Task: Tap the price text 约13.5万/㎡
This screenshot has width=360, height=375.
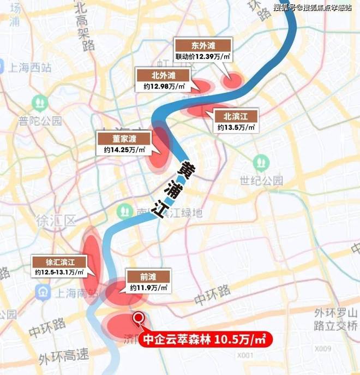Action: click(x=236, y=127)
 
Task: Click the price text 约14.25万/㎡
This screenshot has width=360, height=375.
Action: click(x=124, y=150)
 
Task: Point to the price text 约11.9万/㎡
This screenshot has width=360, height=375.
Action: click(x=148, y=287)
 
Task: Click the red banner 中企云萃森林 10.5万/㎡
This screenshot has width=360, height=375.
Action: click(x=207, y=339)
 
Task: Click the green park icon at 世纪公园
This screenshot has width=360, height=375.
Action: click(x=260, y=162)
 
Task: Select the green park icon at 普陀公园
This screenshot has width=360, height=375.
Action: click(x=40, y=102)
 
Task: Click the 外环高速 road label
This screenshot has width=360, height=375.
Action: click(x=63, y=356)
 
